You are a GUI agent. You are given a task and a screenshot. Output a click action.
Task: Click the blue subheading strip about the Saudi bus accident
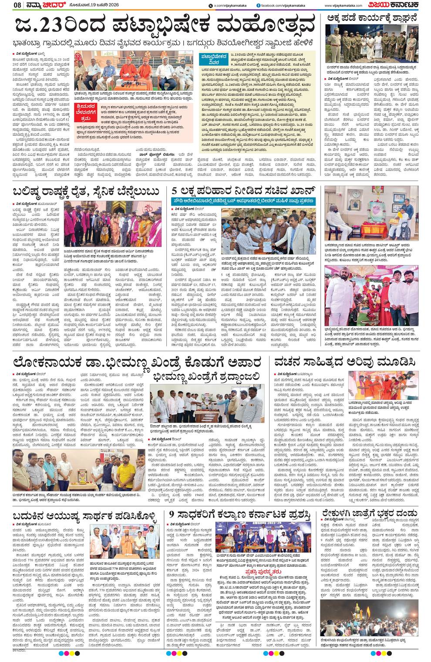(244, 201)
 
